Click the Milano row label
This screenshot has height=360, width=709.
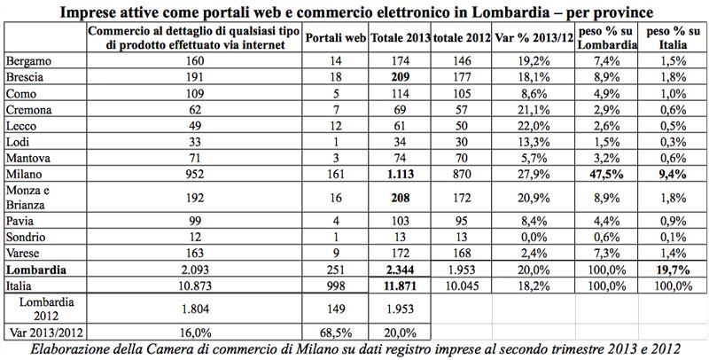point(23,173)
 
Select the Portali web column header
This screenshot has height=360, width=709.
point(334,39)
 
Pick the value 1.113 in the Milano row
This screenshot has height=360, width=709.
point(401,173)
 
